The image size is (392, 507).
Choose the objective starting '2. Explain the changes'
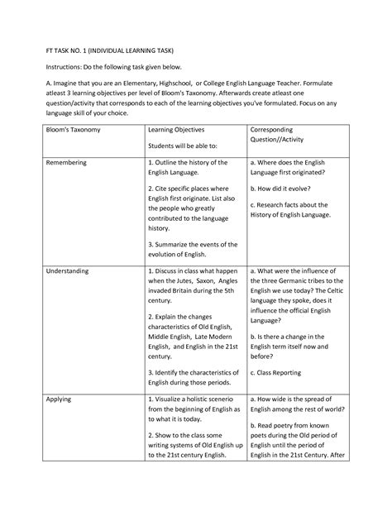[x=189, y=317]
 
